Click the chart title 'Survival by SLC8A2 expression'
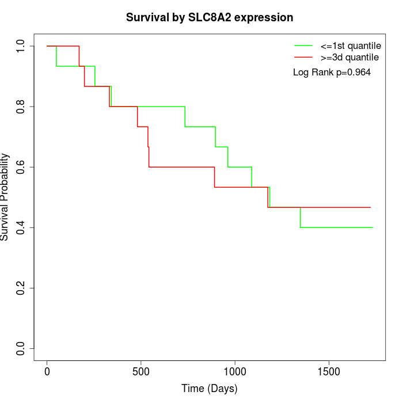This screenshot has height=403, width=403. [x=210, y=18]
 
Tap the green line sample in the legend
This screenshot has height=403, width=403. [x=303, y=45]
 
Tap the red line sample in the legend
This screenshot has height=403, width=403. [x=303, y=57]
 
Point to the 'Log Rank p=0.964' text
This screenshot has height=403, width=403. [x=332, y=73]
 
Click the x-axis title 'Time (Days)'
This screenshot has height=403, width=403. [x=210, y=389]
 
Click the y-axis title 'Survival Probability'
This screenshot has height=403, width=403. [x=5, y=197]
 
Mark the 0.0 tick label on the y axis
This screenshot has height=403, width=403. [x=21, y=348]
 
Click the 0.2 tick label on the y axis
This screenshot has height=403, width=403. [x=21, y=288]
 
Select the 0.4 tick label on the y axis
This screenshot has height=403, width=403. [x=21, y=227]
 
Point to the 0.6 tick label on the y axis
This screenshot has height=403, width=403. [x=21, y=167]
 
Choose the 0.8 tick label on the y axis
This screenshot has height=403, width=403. [x=21, y=107]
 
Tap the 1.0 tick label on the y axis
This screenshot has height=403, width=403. [x=21, y=46]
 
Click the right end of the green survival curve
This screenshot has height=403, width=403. [x=372, y=227]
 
